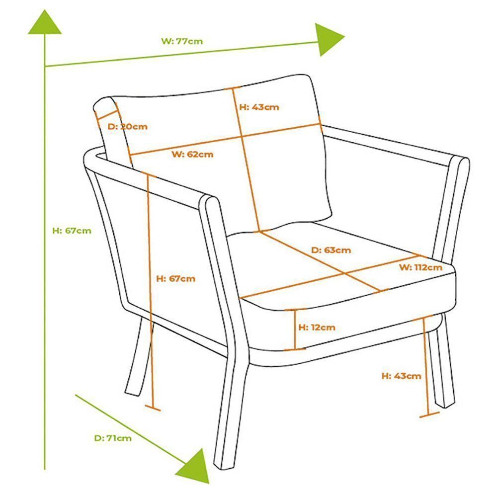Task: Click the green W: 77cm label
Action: (182, 41)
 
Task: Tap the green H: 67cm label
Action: (72, 230)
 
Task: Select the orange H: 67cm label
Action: (175, 279)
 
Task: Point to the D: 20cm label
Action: (128, 126)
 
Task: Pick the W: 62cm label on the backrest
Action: (192, 154)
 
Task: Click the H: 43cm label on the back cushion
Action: (259, 107)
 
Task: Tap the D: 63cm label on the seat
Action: (331, 250)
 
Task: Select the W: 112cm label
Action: (420, 267)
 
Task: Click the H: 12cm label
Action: (317, 328)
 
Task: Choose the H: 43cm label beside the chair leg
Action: (401, 376)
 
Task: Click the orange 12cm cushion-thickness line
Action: (296, 329)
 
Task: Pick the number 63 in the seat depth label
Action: (331, 250)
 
